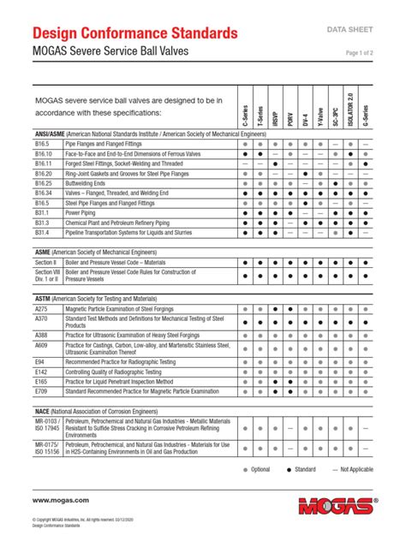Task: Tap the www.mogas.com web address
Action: [61, 499]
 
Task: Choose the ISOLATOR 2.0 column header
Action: [349, 112]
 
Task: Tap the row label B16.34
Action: [43, 194]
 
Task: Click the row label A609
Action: [41, 344]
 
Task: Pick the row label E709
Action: [41, 391]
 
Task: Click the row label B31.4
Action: [43, 232]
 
